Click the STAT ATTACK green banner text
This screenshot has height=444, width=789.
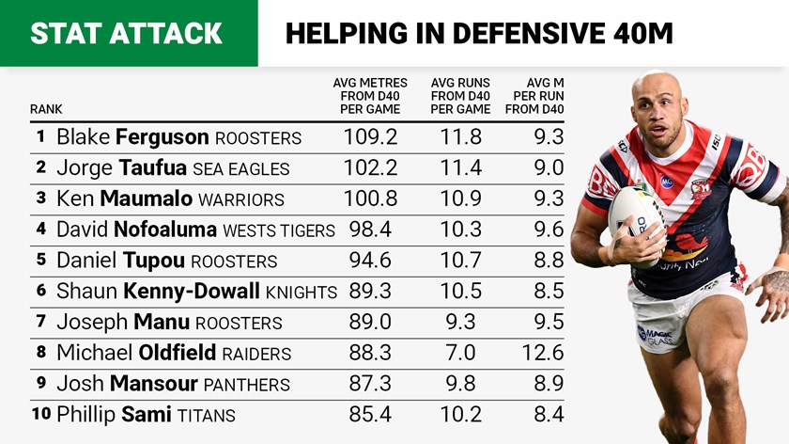[x=126, y=33]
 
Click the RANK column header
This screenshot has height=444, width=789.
[x=46, y=109]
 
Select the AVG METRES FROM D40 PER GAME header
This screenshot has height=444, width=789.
[x=369, y=96]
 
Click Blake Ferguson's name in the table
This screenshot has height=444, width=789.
[x=132, y=137]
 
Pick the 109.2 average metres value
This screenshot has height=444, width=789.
[x=372, y=137]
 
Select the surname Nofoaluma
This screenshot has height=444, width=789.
[x=165, y=230]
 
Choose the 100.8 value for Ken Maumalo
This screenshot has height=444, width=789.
[x=371, y=198]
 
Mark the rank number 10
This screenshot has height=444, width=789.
[x=40, y=414]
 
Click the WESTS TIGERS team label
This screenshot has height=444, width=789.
[x=279, y=230]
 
